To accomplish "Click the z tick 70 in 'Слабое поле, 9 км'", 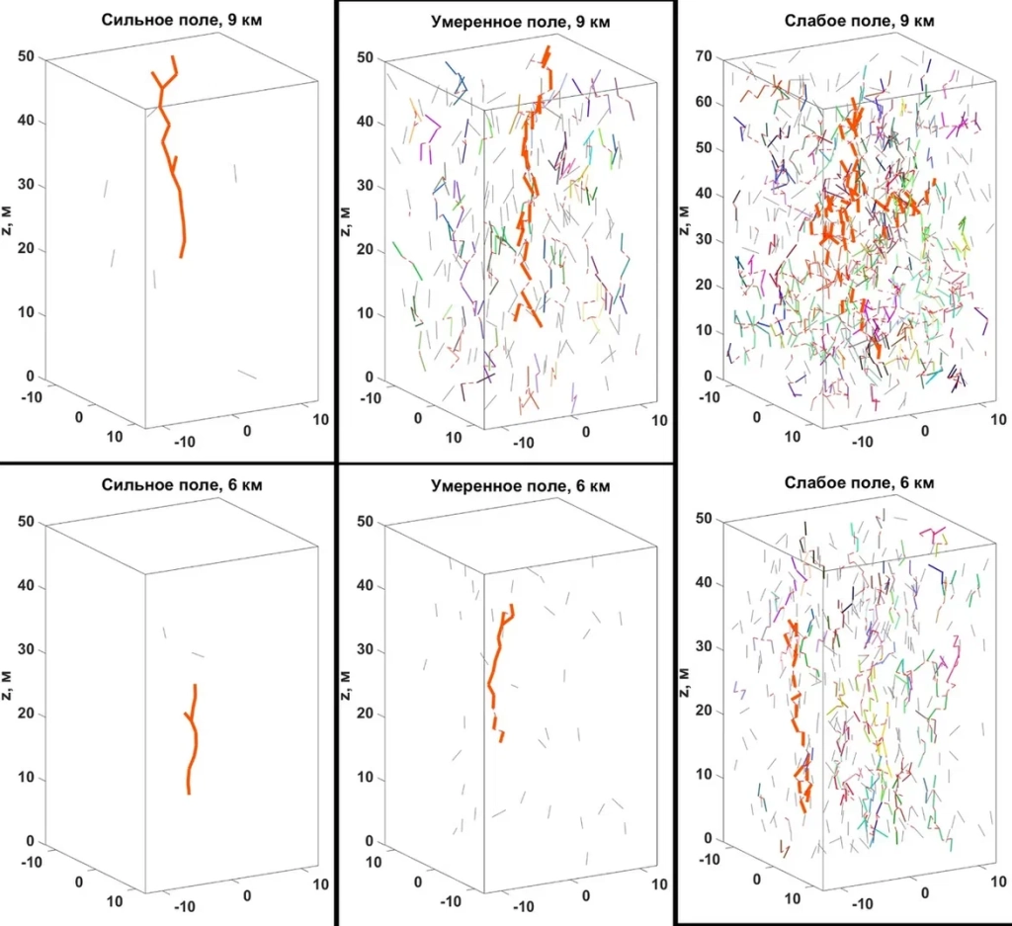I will pos(703,57).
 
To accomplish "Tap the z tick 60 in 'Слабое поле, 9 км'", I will pos(703,103).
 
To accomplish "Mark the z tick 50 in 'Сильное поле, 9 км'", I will pos(28,57).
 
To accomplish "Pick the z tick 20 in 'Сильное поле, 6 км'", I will pos(28,715).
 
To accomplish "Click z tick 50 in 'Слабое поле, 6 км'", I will pos(703,518).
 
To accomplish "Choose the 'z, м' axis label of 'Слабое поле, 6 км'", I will pos(686,680).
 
